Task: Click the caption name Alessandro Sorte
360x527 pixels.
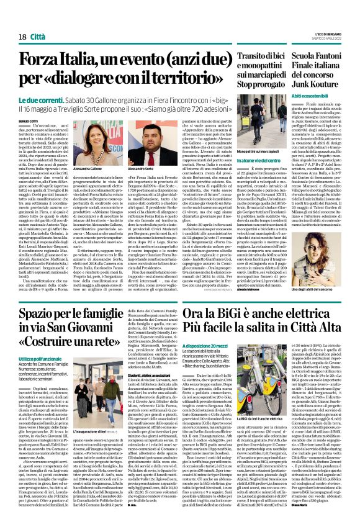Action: [123, 168]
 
